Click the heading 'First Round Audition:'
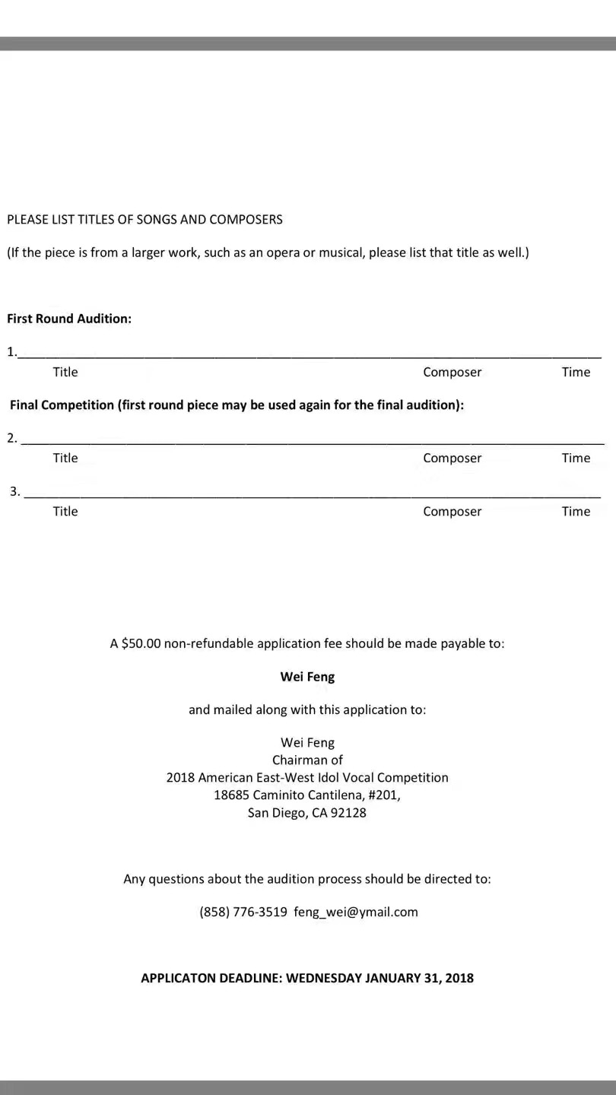(x=69, y=319)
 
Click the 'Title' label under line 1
(x=65, y=372)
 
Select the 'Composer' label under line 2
(x=452, y=458)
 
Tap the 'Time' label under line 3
(x=576, y=511)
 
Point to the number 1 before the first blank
(x=11, y=352)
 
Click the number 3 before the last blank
(x=14, y=491)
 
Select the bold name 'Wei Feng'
(x=307, y=676)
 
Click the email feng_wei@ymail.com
(x=356, y=912)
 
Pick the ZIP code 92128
(x=348, y=812)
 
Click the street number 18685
(x=231, y=795)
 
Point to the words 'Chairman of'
(x=307, y=760)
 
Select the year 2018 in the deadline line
(x=459, y=978)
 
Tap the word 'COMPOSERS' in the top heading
(x=246, y=219)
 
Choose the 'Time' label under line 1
(x=576, y=372)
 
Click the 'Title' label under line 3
(x=65, y=511)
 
